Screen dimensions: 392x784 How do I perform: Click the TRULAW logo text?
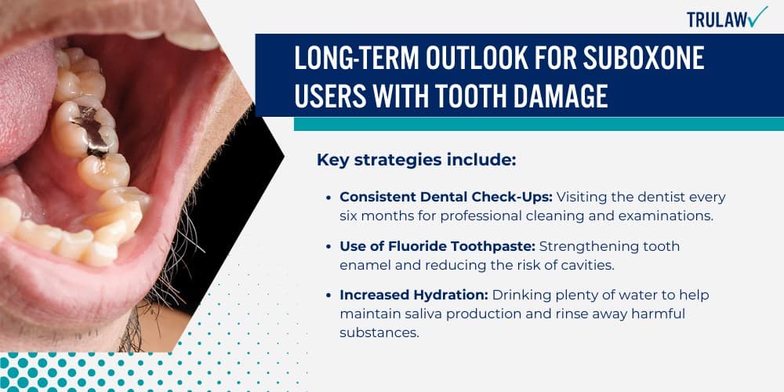click(716, 20)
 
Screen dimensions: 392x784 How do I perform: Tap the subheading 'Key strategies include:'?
click(416, 160)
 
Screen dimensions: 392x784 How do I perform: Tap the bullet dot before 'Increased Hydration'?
click(329, 296)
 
